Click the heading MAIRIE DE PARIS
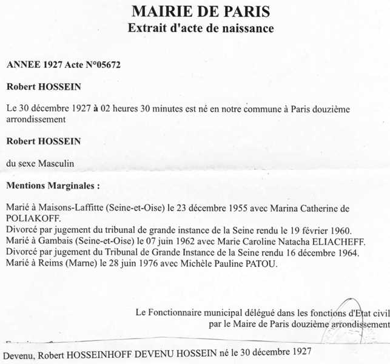[x=201, y=11]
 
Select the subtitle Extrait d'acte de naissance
[x=201, y=28]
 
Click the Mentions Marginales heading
[x=52, y=184]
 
